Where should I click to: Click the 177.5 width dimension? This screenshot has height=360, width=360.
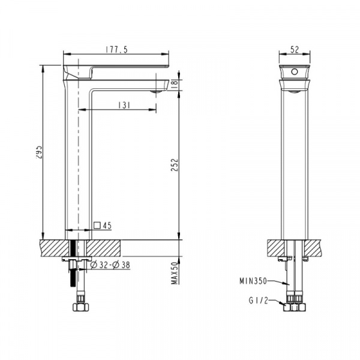[x=116, y=50]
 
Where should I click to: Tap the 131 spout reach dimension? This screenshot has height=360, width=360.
[x=124, y=106]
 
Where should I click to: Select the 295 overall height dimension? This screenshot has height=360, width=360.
[x=39, y=152]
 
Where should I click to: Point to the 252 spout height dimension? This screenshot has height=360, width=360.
[x=175, y=165]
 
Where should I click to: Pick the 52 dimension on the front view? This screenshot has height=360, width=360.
[x=295, y=50]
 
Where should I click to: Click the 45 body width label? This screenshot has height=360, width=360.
[x=107, y=226]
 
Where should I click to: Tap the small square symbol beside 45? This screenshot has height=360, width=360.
[x=97, y=225]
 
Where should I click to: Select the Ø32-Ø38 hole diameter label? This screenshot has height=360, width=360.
[x=110, y=265]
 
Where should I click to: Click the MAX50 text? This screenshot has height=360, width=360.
[x=175, y=273]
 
